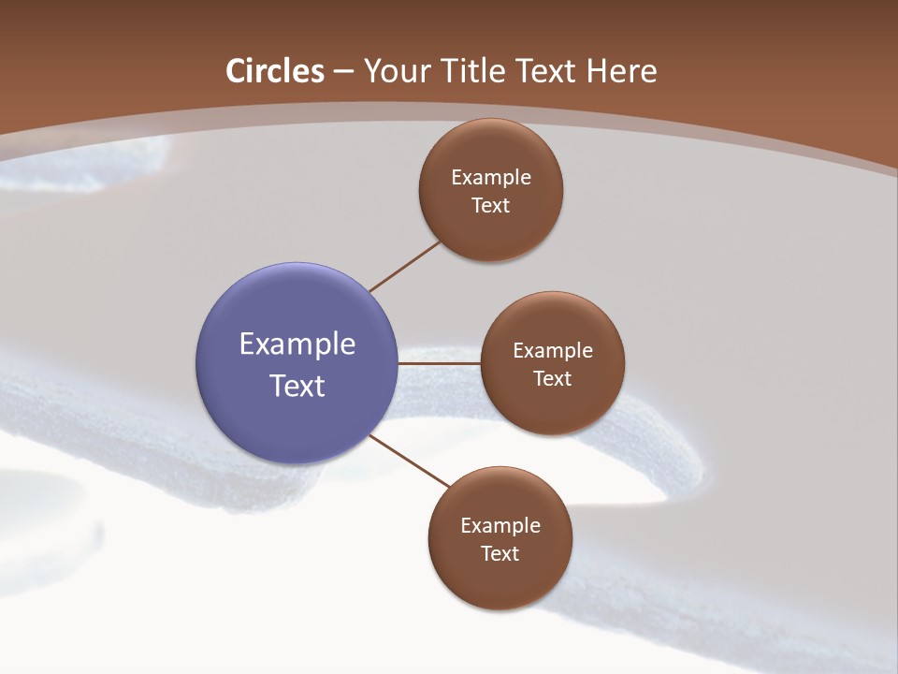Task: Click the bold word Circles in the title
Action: point(275,71)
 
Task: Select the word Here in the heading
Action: point(621,71)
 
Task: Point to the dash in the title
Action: point(343,72)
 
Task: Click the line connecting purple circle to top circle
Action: point(405,267)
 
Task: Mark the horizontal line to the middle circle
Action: point(440,362)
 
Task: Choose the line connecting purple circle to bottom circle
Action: point(410,462)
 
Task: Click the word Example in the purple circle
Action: point(297,344)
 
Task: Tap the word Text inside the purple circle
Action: point(297,386)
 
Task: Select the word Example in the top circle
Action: point(491,177)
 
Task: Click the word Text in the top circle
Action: point(491,205)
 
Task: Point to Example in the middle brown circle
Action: point(553,350)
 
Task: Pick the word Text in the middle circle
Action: point(553,378)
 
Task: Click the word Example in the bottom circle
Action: point(500,525)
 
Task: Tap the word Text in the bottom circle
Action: point(500,553)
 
